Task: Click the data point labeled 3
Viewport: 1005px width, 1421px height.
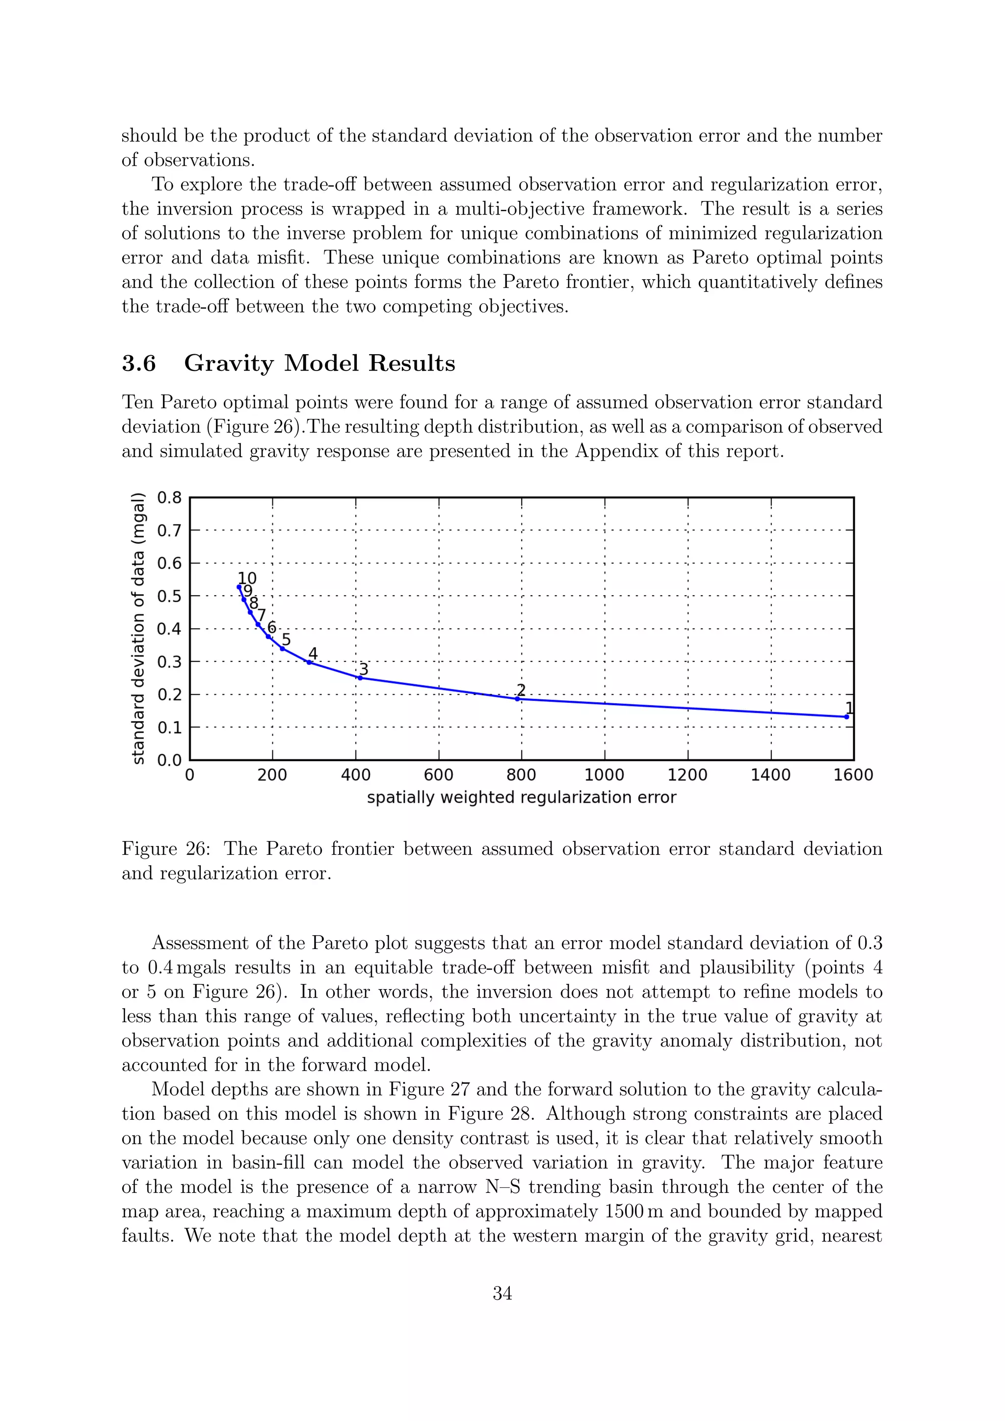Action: [360, 678]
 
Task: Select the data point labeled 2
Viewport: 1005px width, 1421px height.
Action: [517, 699]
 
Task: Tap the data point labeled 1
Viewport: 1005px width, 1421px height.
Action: [846, 717]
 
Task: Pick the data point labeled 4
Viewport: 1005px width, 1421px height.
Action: [309, 662]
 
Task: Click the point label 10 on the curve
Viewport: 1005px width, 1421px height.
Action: [247, 579]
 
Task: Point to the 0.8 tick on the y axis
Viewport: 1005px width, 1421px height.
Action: [169, 498]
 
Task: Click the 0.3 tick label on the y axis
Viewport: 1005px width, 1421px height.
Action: [169, 661]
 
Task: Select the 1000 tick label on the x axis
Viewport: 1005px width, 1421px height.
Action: [605, 775]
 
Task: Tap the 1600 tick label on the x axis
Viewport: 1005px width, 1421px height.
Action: [853, 775]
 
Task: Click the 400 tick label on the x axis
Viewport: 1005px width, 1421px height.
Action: [356, 775]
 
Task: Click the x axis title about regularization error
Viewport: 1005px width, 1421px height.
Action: [521, 798]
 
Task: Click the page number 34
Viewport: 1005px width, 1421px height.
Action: [502, 1293]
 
